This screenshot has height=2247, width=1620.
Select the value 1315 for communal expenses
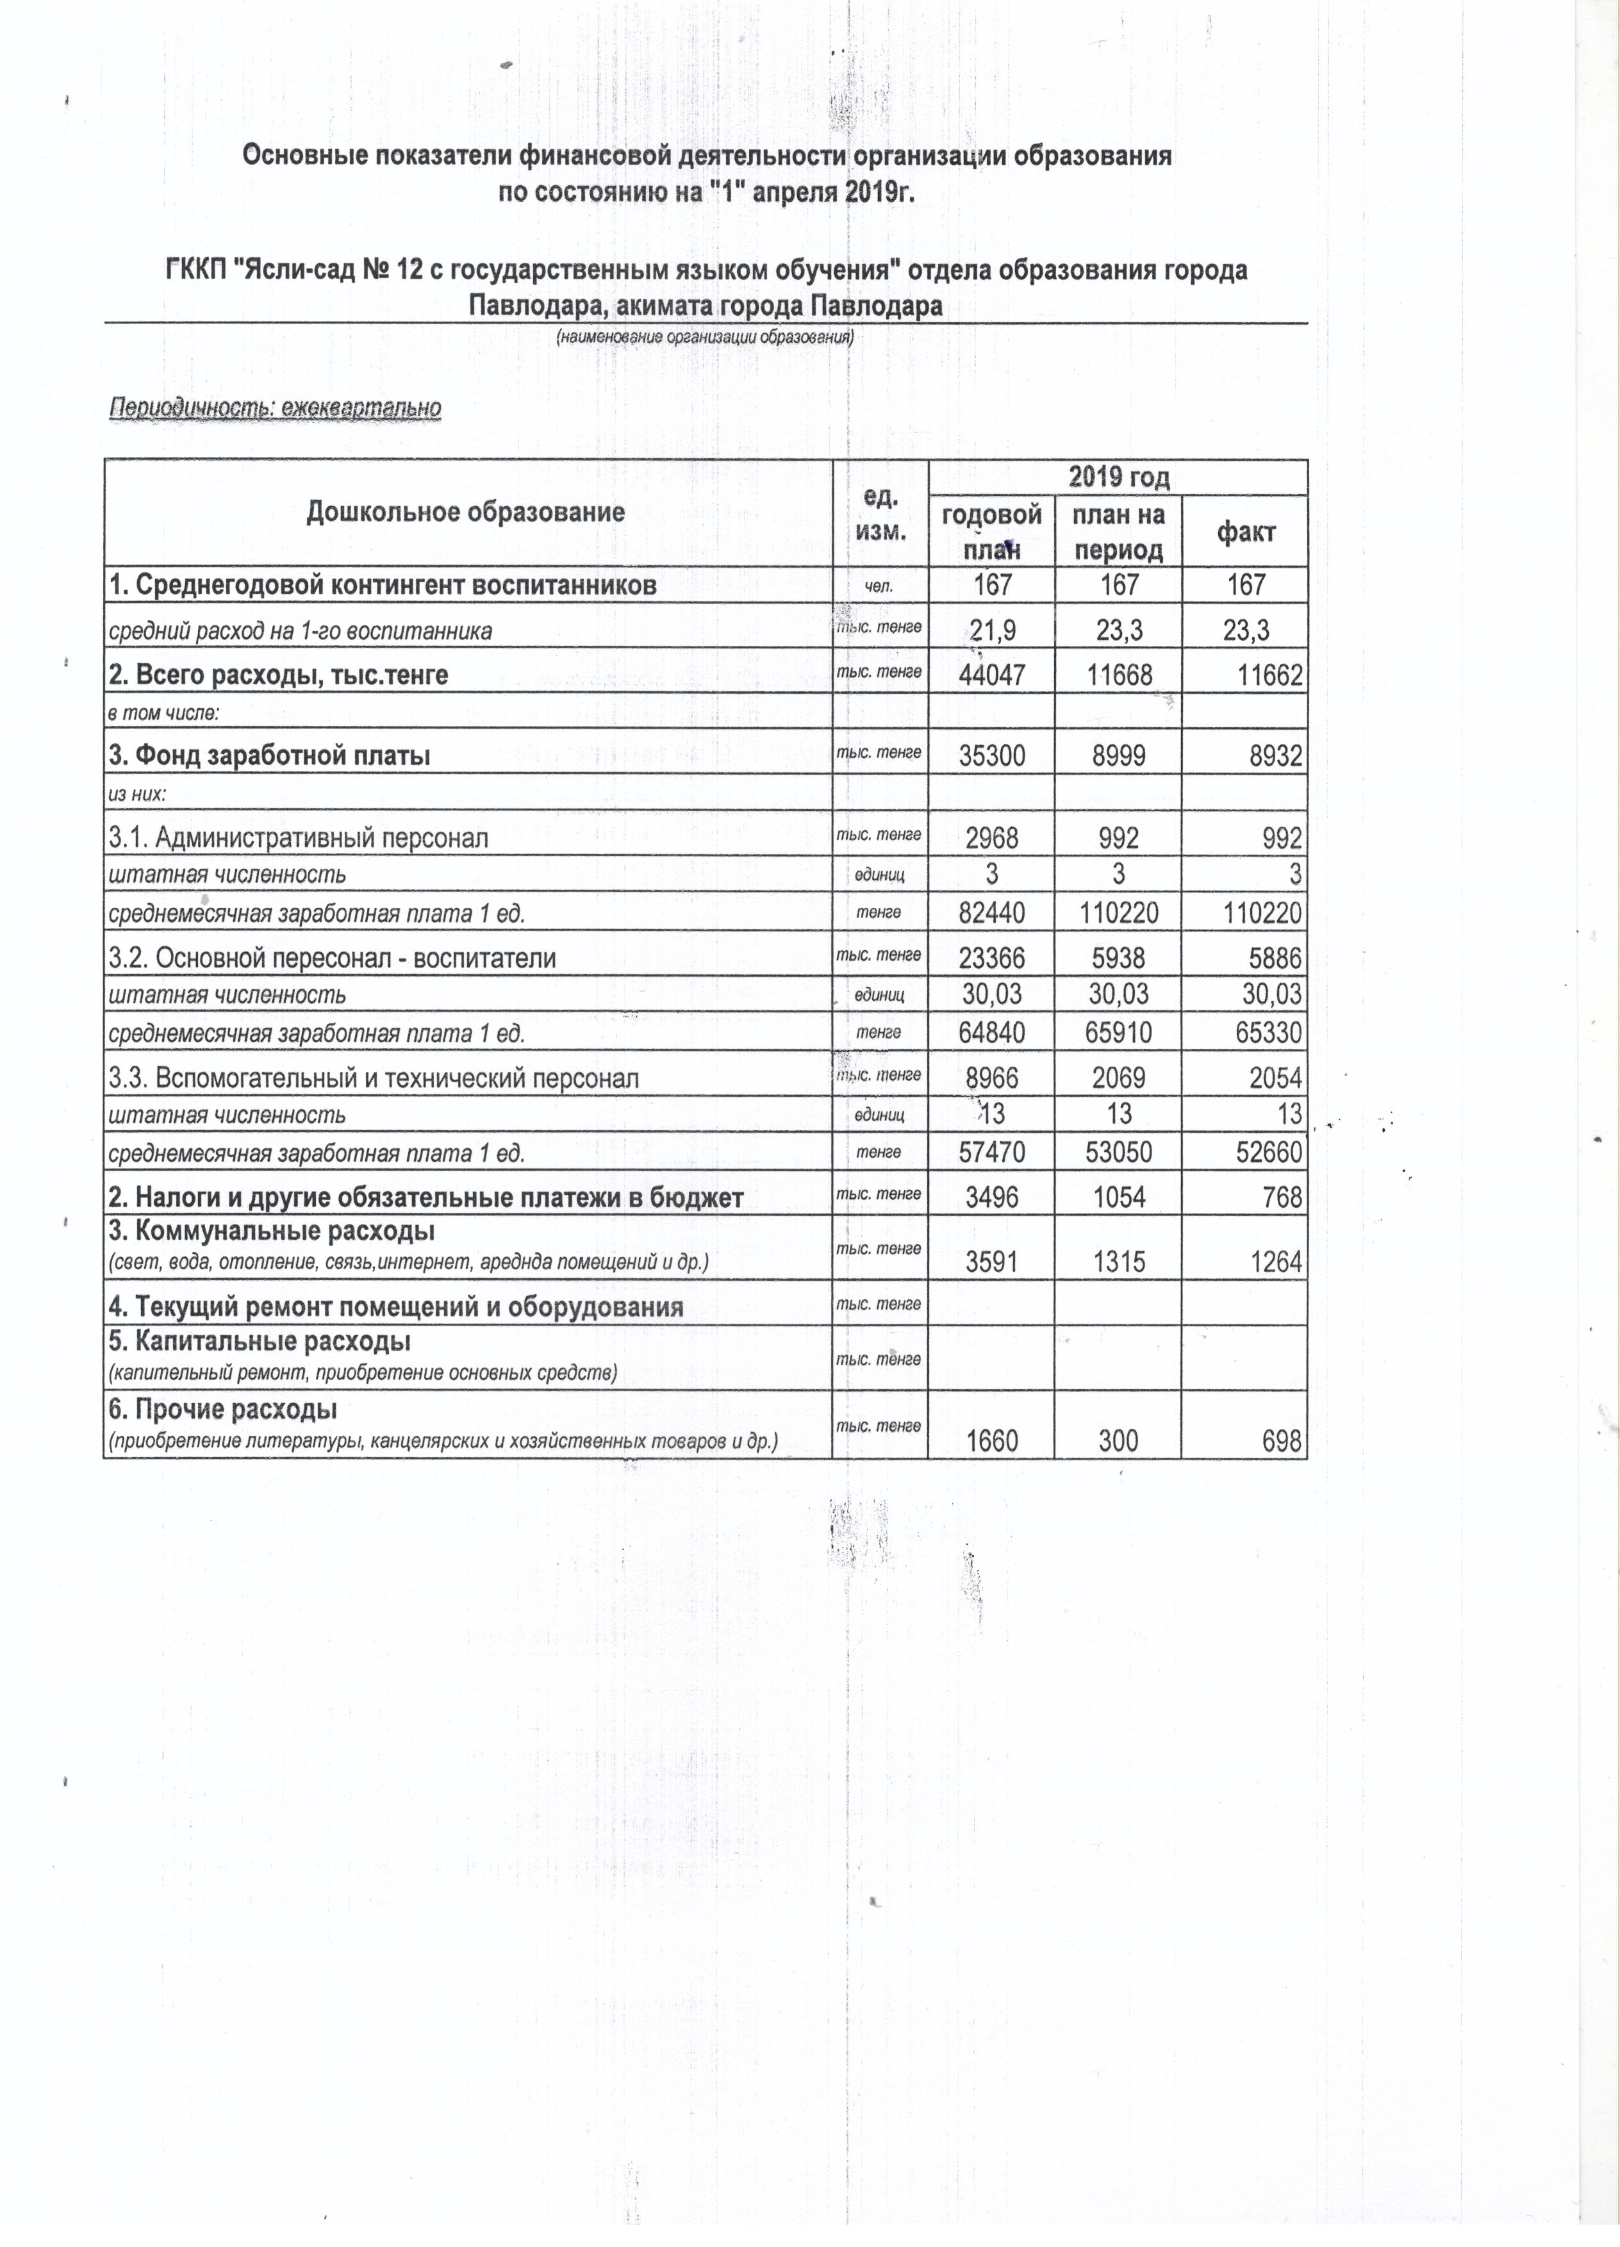click(1119, 1262)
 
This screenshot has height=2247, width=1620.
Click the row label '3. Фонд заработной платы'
click(270, 757)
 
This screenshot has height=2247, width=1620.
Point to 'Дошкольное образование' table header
click(466, 511)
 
